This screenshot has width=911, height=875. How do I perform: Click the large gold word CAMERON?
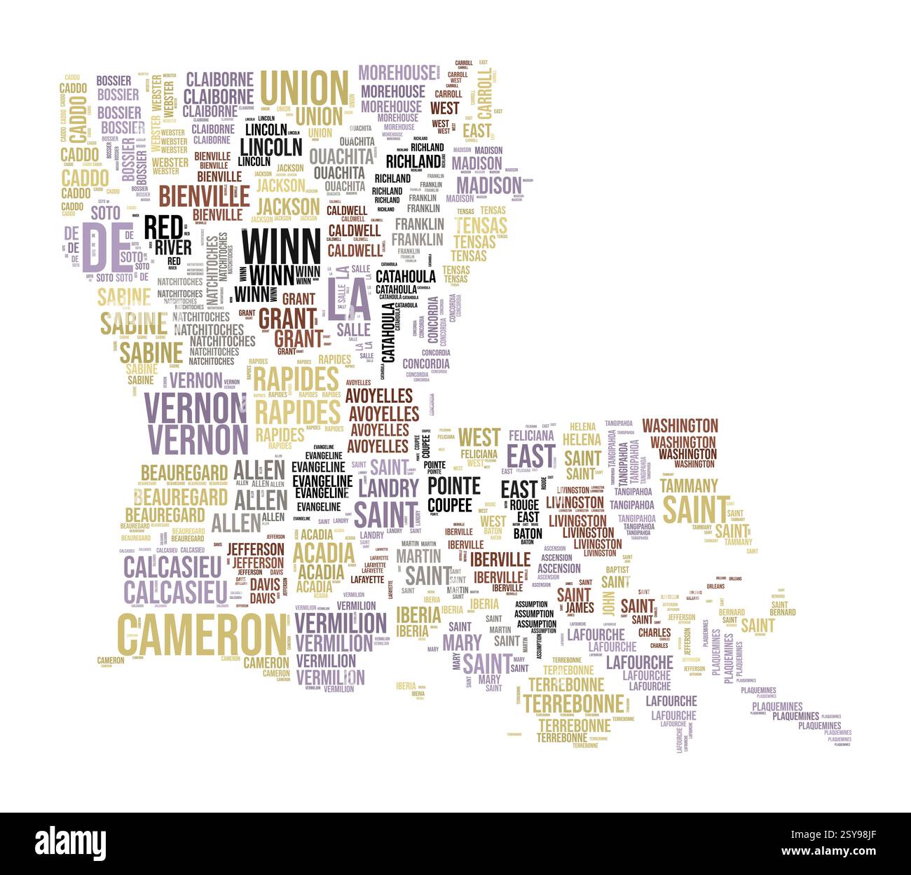tap(202, 634)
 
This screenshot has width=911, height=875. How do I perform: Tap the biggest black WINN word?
tap(280, 246)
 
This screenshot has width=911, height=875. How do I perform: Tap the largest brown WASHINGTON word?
tap(680, 426)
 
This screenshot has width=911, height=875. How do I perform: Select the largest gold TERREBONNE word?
tap(573, 703)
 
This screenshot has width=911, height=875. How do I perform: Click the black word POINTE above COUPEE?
tap(454, 485)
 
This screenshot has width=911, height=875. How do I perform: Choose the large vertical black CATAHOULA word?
tap(388, 332)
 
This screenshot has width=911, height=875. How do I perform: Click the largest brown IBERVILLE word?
tap(500, 559)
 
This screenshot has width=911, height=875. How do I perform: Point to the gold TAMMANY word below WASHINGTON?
tap(689, 485)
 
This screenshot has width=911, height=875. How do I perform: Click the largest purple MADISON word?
tap(489, 186)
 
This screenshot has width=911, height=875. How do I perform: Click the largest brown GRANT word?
tap(287, 318)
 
